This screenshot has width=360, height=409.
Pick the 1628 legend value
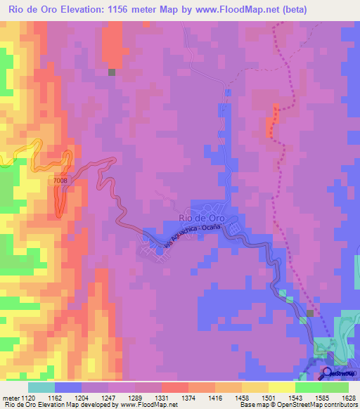[348, 397]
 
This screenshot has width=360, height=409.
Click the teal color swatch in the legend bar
[41, 387]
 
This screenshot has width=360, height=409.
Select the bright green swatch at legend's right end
[335, 387]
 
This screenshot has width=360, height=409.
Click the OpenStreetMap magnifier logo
[327, 372]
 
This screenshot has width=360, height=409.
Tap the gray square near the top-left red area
[111, 72]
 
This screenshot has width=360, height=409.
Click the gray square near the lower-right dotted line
[310, 313]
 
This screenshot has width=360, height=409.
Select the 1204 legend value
[81, 397]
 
